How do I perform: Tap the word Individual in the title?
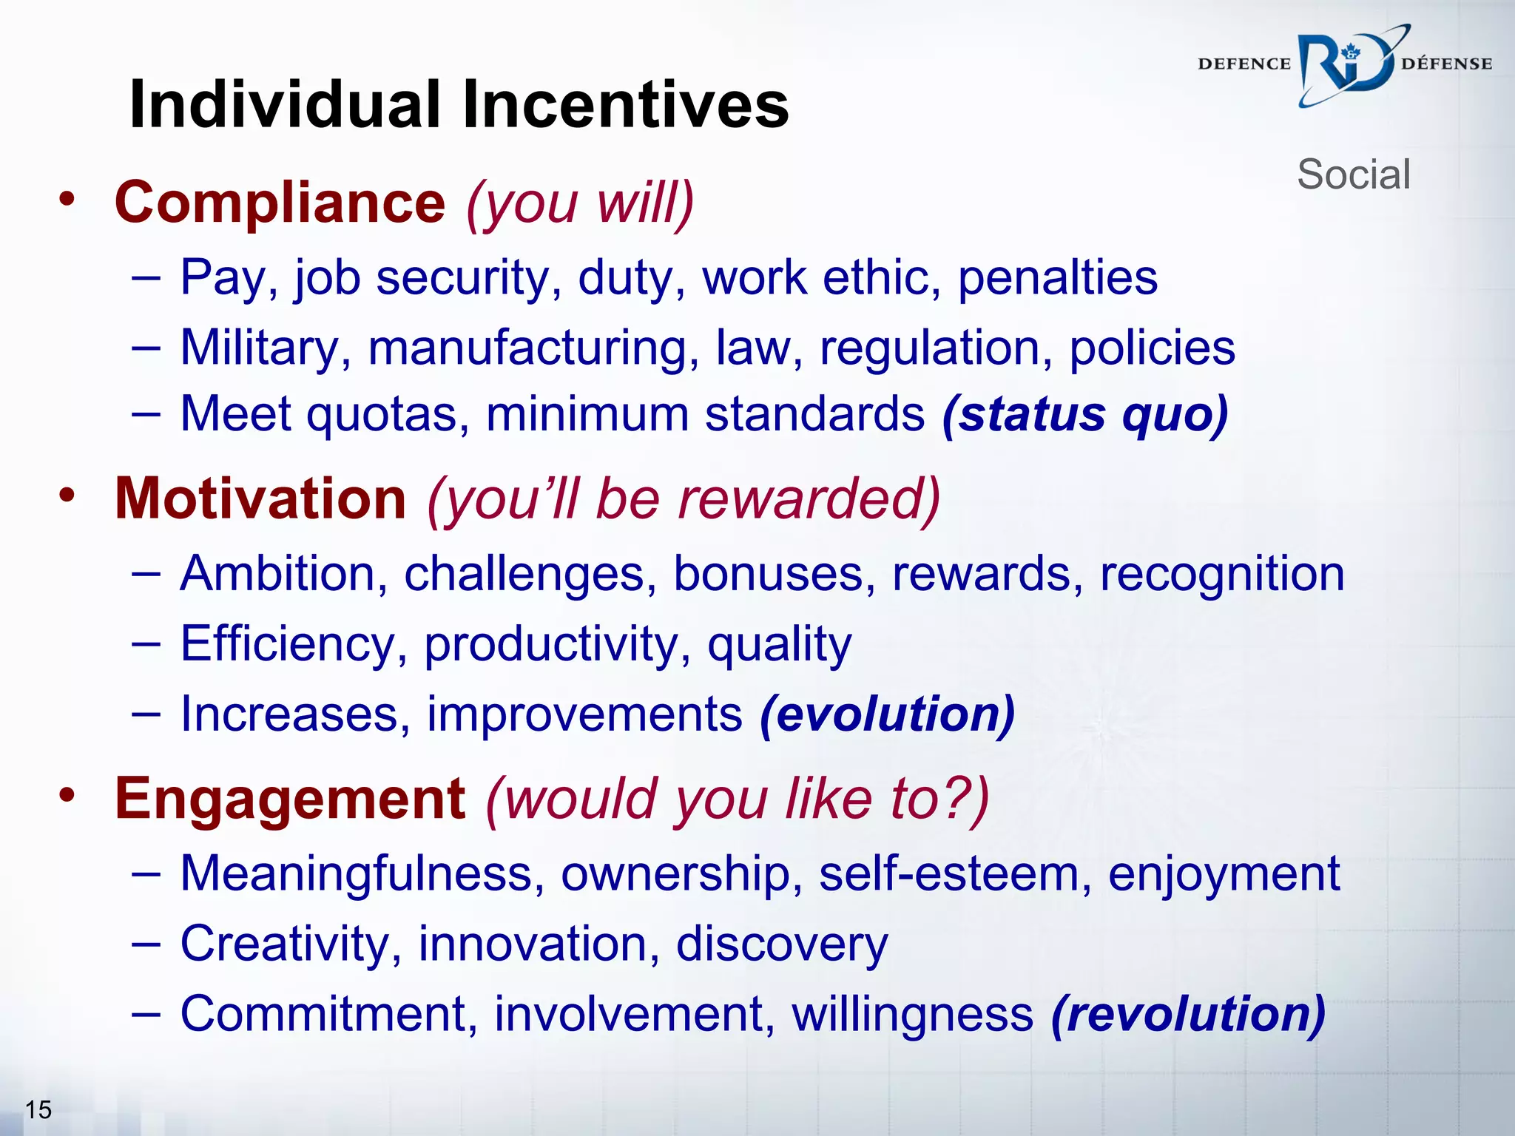(285, 105)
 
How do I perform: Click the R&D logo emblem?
(1346, 67)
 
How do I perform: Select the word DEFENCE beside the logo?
(1244, 64)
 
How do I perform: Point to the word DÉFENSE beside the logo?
(1446, 64)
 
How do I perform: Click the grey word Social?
(1354, 175)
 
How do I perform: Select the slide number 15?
(38, 1109)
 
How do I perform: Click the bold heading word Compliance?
(280, 203)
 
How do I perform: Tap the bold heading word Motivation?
(260, 498)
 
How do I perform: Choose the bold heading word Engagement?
(290, 799)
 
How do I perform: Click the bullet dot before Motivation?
(67, 494)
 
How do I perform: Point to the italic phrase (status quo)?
(1085, 414)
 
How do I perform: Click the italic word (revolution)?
(1188, 1014)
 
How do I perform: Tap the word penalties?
(1058, 278)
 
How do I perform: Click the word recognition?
(1222, 574)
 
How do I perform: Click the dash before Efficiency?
(146, 643)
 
